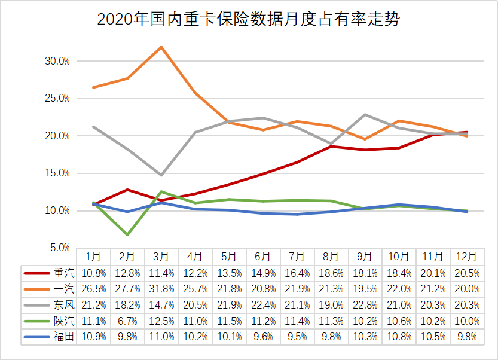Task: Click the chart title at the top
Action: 248,20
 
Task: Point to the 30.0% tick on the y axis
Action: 57,61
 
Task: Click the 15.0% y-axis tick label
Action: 57,173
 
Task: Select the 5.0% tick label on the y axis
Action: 59,248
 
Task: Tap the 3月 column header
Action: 161,257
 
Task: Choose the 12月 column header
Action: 467,257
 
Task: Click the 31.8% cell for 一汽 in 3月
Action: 161,289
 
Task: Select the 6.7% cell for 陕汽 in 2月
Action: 127,321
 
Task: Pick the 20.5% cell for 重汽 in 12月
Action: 467,273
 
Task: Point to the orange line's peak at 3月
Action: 161,47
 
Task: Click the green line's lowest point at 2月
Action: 127,234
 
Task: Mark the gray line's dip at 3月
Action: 161,175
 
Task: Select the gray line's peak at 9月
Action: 365,114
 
